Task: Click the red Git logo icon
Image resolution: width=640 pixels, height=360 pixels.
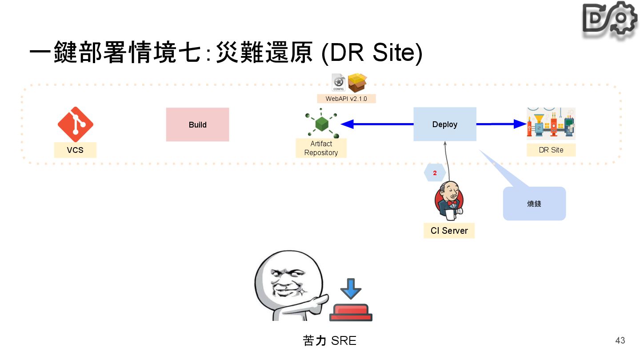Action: [x=75, y=124]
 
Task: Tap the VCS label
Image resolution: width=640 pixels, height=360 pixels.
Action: [x=75, y=150]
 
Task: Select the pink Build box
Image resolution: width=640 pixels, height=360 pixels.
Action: [x=197, y=124]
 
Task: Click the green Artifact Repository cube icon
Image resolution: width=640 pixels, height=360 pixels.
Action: [x=322, y=124]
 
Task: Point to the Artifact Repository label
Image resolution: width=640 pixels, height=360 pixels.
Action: [x=321, y=148]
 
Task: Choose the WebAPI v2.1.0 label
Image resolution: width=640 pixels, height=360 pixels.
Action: [x=346, y=99]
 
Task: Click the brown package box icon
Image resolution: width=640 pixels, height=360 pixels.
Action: [x=357, y=82]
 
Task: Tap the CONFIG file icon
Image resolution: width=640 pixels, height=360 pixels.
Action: [x=339, y=82]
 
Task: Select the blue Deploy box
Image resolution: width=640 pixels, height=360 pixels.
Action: [x=444, y=124]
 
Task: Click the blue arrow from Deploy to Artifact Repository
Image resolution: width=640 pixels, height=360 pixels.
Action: [x=378, y=124]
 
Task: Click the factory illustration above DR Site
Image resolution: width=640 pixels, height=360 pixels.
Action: [x=551, y=124]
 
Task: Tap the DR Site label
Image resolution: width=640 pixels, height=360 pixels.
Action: [x=551, y=150]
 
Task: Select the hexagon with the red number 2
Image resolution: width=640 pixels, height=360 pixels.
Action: [x=435, y=173]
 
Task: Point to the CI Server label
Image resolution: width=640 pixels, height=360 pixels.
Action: [x=449, y=231]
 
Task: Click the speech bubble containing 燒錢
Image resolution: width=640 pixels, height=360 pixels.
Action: [x=534, y=204]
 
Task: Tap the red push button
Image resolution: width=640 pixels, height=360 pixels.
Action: [x=351, y=312]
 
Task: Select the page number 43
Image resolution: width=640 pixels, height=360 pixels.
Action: [x=620, y=340]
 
